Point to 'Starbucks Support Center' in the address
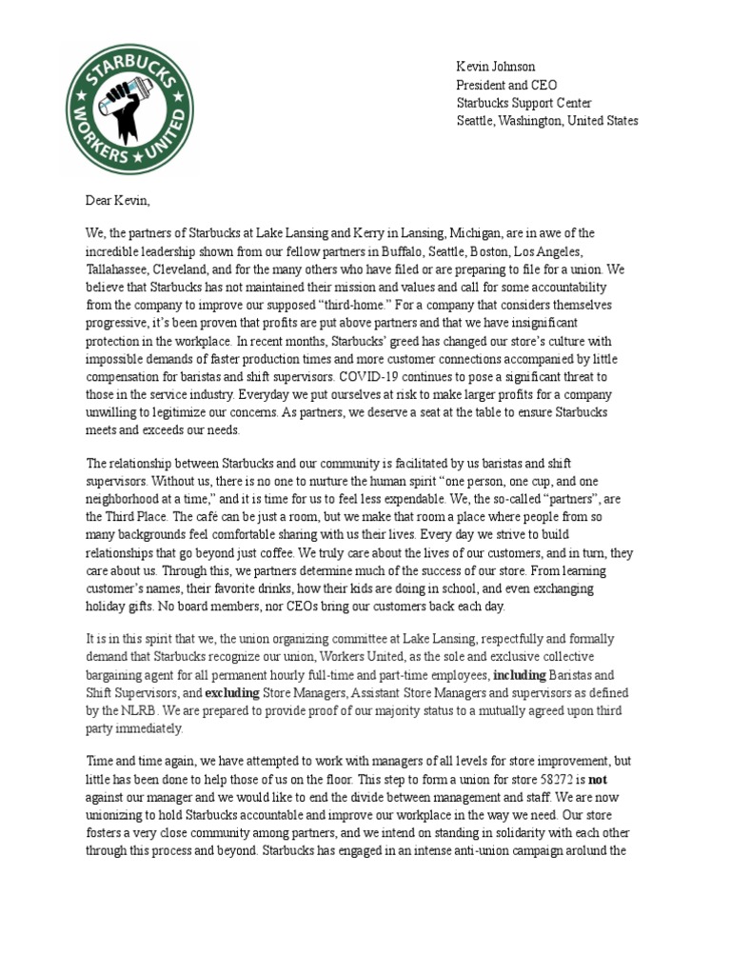pos(524,103)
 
